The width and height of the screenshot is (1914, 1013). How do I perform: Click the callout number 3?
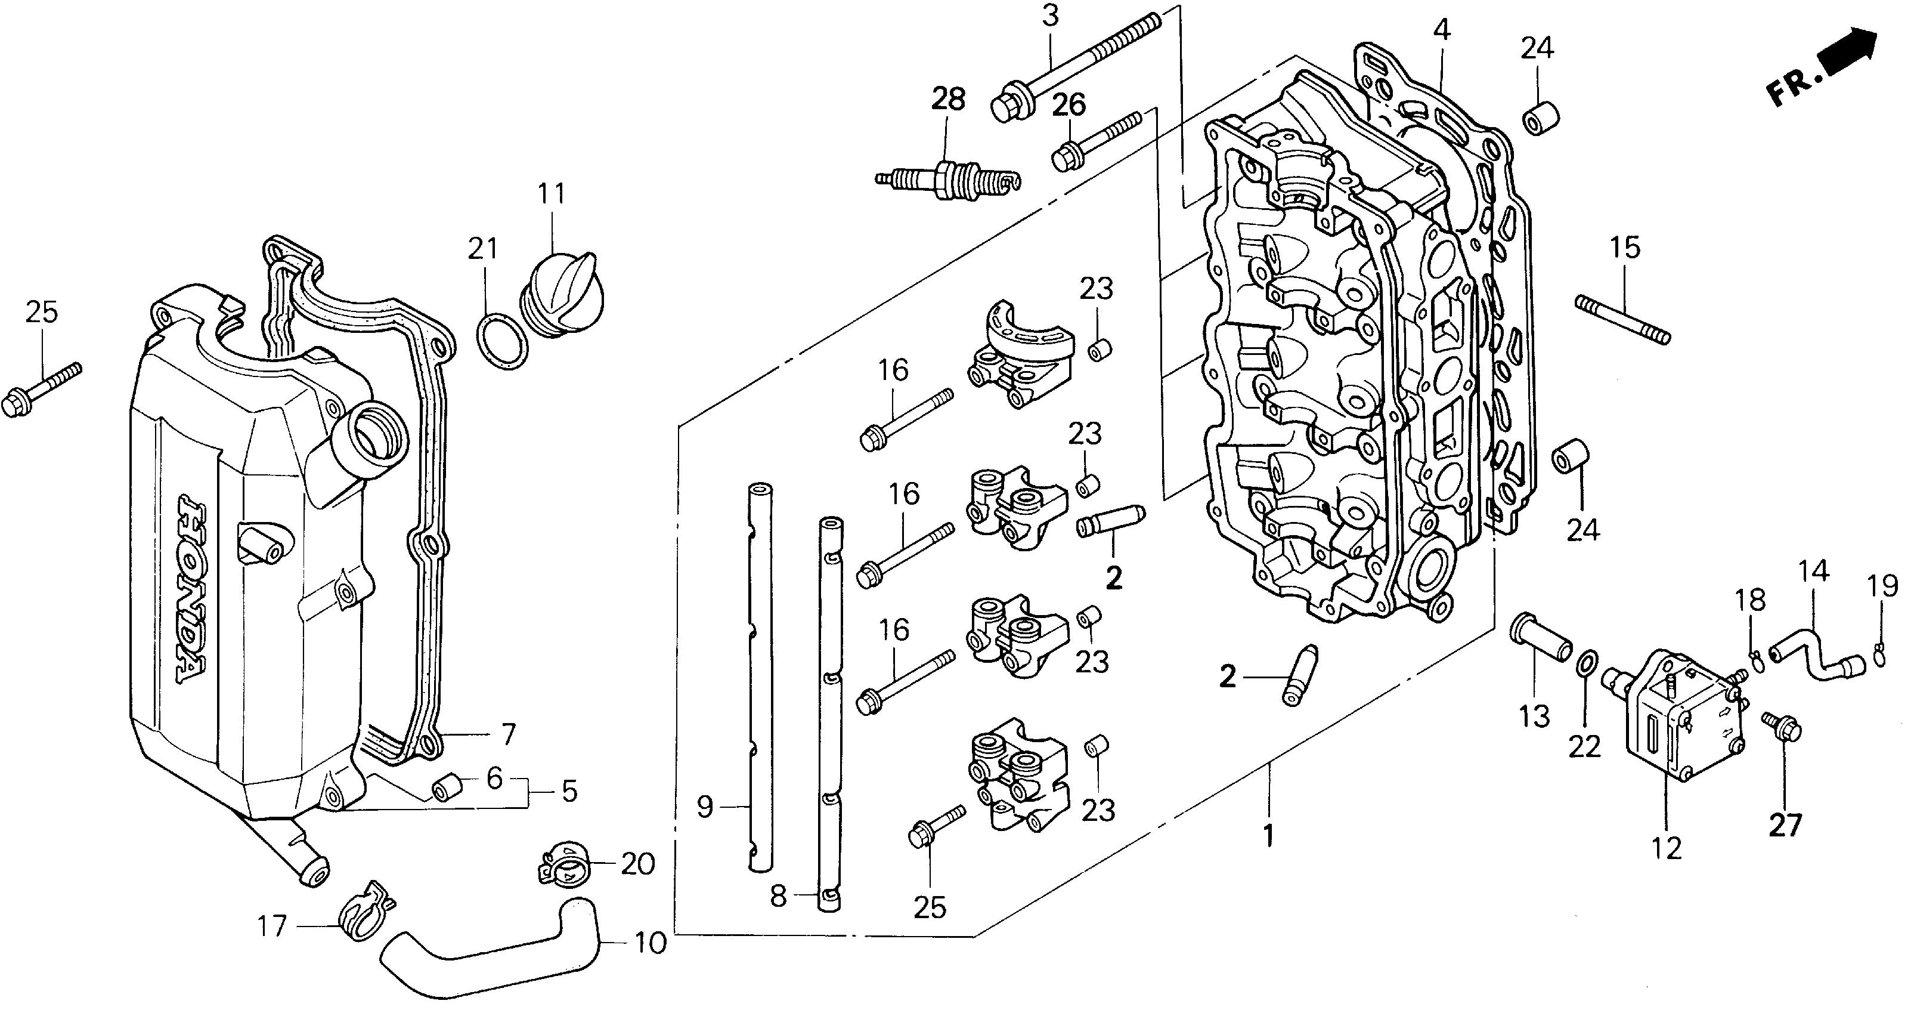pos(1049,16)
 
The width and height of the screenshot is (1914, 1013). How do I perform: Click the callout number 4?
pos(1441,30)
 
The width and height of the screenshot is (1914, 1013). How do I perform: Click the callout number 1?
pos(1269,835)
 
